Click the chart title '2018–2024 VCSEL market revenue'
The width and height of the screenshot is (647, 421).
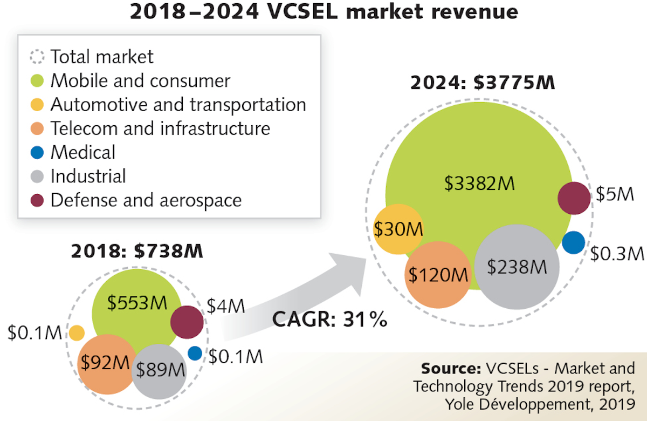(323, 12)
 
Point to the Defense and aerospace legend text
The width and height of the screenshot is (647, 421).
(146, 200)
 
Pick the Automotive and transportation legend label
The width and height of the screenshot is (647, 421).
(178, 105)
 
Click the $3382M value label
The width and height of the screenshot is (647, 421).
(479, 184)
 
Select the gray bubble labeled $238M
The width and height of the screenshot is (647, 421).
(517, 267)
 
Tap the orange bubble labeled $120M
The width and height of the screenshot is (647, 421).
(437, 274)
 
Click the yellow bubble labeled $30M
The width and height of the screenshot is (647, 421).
(399, 229)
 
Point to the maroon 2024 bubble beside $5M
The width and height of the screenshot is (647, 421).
(573, 198)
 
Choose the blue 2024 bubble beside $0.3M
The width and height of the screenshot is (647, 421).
(573, 242)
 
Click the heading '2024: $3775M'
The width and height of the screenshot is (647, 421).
(483, 84)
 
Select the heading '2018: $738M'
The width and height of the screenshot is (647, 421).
(137, 252)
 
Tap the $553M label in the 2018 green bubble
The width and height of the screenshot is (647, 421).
(136, 303)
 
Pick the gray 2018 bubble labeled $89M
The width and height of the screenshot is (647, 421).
(160, 370)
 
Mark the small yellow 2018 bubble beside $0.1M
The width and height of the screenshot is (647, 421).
(77, 332)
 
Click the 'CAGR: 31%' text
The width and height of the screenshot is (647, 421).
(329, 319)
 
